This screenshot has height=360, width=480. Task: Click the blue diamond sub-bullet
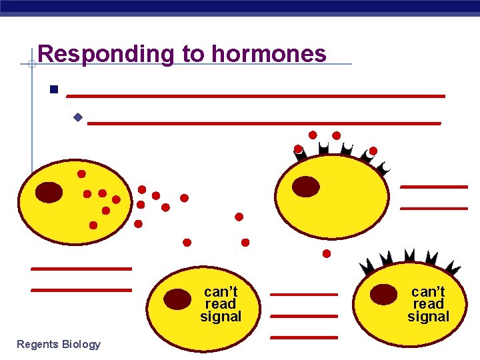click(x=77, y=118)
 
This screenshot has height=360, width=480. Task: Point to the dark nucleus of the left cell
click(x=49, y=192)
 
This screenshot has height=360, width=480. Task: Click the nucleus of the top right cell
click(x=306, y=186)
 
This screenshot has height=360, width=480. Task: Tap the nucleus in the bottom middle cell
click(x=177, y=299)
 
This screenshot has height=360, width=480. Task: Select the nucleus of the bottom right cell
click(x=384, y=294)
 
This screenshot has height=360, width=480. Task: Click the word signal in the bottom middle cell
click(x=221, y=316)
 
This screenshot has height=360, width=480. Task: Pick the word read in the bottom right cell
click(x=428, y=304)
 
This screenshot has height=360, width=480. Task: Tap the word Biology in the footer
click(x=82, y=344)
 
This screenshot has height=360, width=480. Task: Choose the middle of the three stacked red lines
click(x=304, y=315)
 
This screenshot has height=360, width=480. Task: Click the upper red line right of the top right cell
click(x=434, y=187)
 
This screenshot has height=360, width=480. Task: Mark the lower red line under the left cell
click(x=81, y=290)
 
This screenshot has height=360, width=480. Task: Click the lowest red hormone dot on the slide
click(x=327, y=253)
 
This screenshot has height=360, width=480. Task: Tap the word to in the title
click(x=193, y=53)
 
